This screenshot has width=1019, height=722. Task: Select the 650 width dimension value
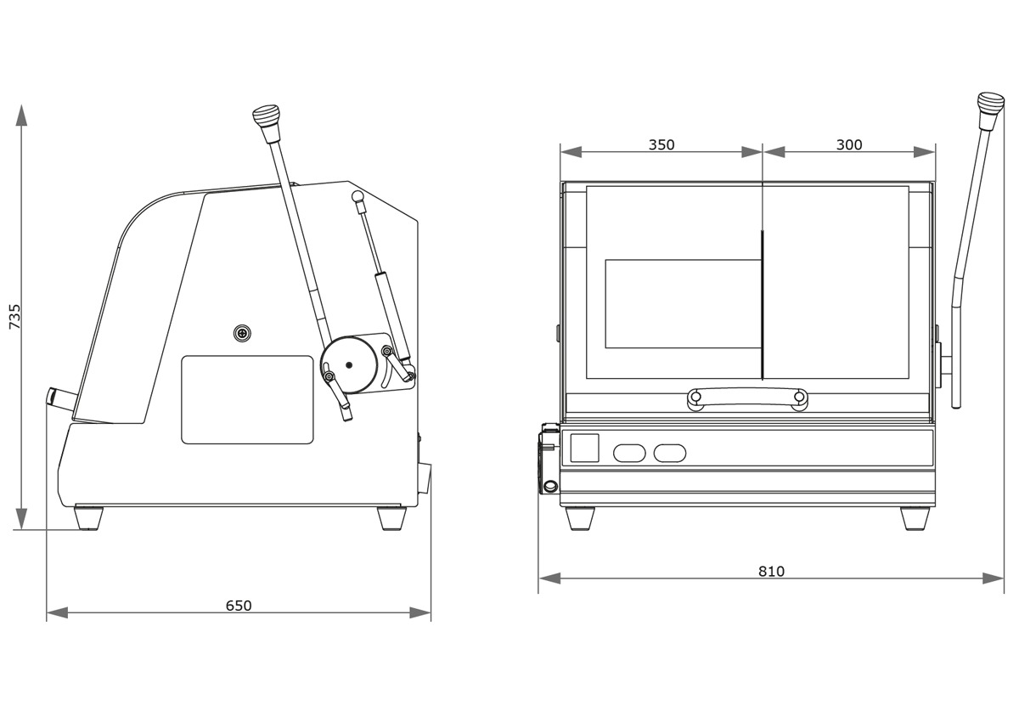239,606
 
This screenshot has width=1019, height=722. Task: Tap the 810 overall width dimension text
771,571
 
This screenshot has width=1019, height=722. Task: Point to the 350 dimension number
662,144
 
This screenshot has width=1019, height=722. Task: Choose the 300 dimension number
849,144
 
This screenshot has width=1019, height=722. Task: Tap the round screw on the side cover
244,334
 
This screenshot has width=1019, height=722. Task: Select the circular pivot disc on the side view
349,365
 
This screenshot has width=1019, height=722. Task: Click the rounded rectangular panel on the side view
247,399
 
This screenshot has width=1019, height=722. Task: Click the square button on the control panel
584,448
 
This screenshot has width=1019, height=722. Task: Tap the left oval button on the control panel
630,453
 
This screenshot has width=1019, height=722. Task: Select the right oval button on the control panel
670,453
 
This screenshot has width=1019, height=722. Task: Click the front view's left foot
580,517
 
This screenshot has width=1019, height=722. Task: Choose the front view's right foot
914,517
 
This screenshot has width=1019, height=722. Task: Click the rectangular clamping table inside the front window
682,303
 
